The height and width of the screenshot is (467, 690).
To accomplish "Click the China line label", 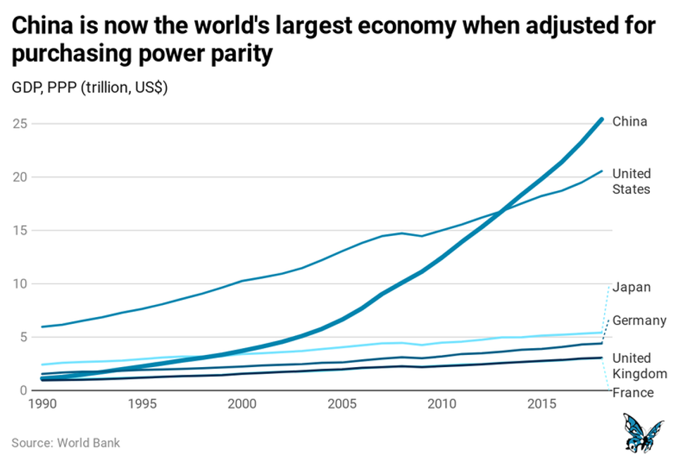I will click(x=629, y=122).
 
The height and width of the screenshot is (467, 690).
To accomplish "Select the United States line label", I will click(x=632, y=181).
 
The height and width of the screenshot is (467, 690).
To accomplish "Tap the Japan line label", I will click(x=632, y=287).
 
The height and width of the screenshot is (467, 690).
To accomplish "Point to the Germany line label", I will click(x=639, y=321).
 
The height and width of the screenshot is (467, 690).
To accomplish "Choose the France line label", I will click(x=633, y=393).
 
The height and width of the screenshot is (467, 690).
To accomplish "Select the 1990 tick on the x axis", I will click(x=42, y=405).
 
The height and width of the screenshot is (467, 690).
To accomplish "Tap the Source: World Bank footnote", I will click(x=65, y=443).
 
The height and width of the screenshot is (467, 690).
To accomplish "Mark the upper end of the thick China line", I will click(x=601, y=119).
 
